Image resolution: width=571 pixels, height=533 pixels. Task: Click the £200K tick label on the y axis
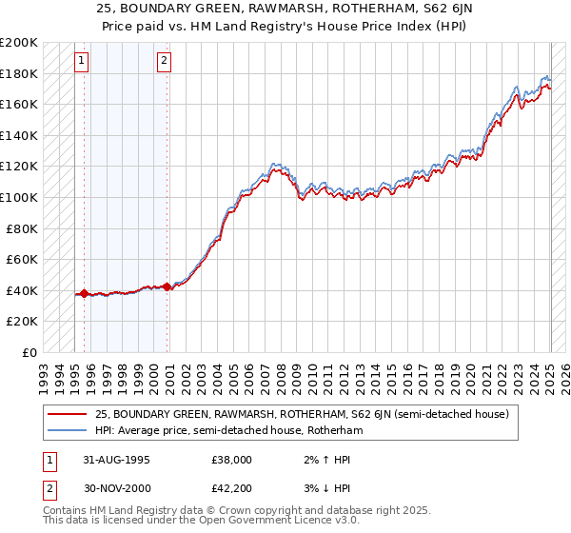[x=19, y=43]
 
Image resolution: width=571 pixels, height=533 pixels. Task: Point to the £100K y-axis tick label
[x=19, y=197]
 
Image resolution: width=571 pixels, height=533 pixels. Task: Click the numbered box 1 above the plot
[x=82, y=62]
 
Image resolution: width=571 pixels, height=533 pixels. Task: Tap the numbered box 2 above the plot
[x=164, y=62]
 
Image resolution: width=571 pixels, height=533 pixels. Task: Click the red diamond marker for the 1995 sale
[x=84, y=293]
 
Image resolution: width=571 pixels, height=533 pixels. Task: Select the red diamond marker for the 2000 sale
[x=167, y=286]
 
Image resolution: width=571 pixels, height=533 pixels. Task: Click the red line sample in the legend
[x=69, y=414]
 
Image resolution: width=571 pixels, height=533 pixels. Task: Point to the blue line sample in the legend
[x=69, y=430]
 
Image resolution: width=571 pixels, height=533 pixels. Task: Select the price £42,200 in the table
[x=231, y=491]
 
